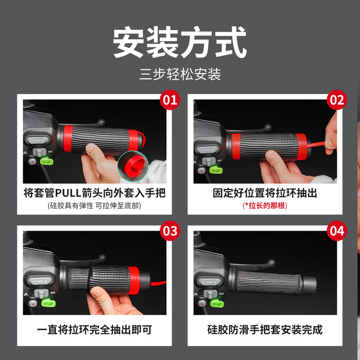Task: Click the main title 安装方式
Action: pos(180,42)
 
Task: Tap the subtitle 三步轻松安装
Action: pos(180,74)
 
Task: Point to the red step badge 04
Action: pos(337,231)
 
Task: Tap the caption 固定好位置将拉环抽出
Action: pos(265,193)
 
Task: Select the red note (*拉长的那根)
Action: pos(265,206)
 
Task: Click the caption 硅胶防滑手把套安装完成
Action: pos(265,330)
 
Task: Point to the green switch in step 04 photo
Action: pos(217,303)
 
